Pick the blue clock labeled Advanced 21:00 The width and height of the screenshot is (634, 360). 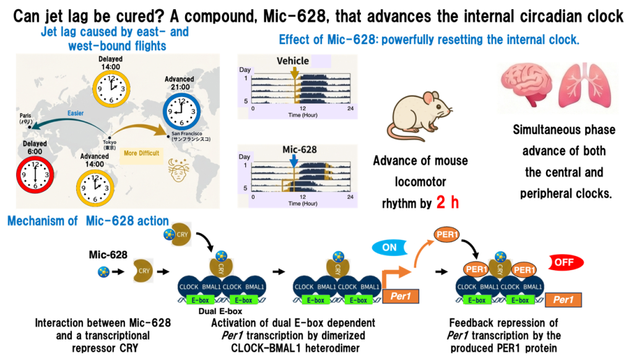pos(179,111)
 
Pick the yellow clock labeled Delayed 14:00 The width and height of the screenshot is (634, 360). pos(110,86)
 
